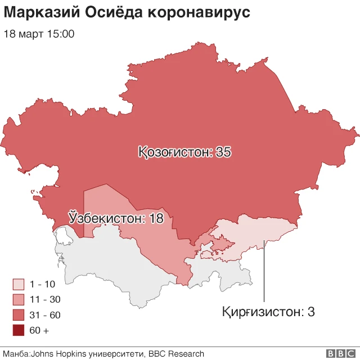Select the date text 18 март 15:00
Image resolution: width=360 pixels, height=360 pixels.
39,34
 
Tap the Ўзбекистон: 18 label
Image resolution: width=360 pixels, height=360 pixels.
116,218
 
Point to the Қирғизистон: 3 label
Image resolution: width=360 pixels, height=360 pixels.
268,311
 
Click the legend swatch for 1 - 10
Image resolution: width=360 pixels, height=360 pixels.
19,284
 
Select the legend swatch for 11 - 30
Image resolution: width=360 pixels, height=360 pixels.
19,299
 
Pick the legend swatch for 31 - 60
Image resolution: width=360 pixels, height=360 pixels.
19,315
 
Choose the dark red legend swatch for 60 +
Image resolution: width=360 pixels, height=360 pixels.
19,330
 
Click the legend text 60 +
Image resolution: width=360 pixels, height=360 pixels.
39,331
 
